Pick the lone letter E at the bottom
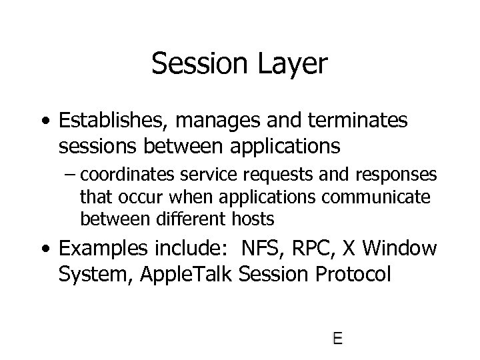pos(337,338)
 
